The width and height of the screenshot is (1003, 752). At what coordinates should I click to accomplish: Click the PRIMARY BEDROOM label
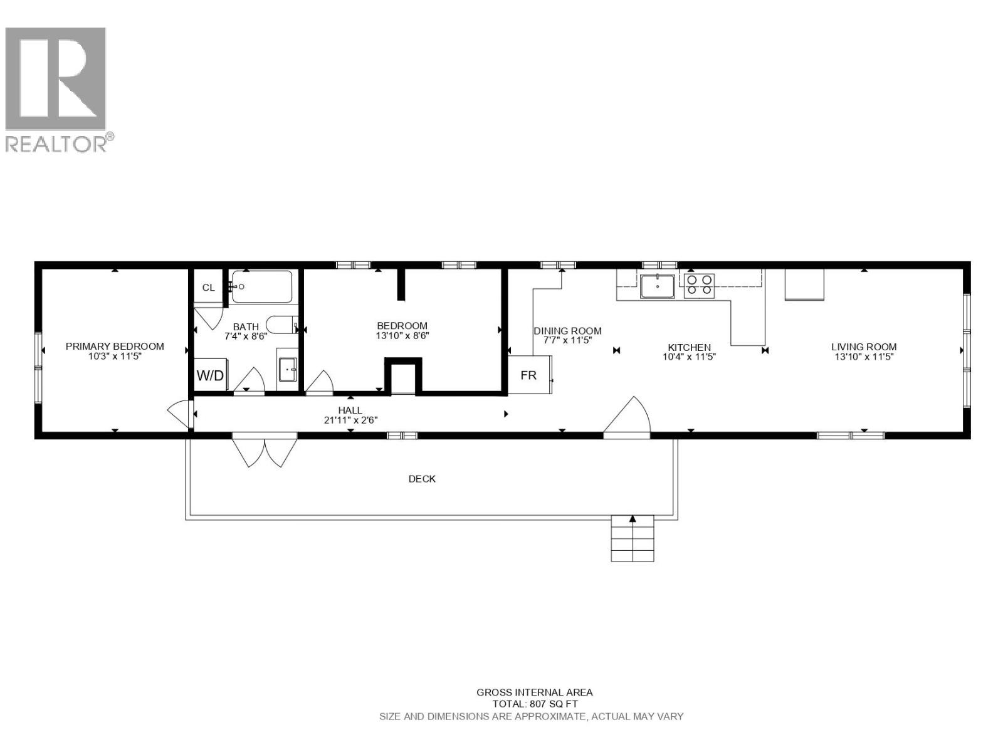point(115,346)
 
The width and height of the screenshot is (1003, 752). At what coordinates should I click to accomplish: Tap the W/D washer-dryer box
point(210,375)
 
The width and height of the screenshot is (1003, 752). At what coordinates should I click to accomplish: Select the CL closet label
point(208,288)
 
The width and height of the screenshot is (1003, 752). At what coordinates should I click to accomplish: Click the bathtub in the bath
point(262,287)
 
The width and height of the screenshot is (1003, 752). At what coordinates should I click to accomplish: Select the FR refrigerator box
point(528,375)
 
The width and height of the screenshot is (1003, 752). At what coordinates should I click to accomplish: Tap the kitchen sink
point(657,286)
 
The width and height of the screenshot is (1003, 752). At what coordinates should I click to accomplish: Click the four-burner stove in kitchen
point(699,285)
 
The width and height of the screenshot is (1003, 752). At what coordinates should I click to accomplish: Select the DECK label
point(422,479)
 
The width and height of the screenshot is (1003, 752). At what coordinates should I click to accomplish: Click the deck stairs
point(633,539)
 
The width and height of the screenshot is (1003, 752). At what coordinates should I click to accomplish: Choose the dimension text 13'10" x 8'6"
point(402,336)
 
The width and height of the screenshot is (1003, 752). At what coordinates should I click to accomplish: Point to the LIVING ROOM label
point(864,347)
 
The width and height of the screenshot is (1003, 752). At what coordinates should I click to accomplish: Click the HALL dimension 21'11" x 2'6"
point(350,420)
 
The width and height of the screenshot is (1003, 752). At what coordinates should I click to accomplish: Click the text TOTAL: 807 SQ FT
point(535,704)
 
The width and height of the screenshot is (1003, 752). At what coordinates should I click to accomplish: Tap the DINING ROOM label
point(567,331)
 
